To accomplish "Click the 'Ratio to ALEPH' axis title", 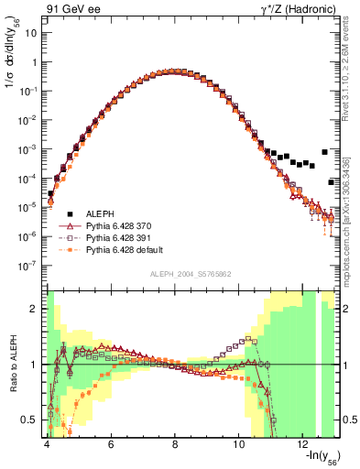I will [12, 365].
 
